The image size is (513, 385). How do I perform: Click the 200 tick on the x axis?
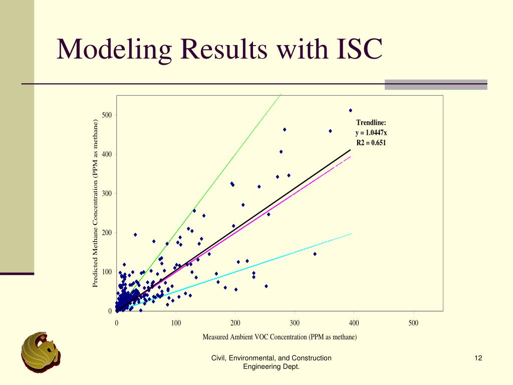pos(235,323)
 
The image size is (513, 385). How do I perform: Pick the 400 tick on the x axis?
pos(354,323)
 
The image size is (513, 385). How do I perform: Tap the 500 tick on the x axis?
pos(413,323)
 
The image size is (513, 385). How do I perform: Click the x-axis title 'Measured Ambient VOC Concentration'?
pos(280,337)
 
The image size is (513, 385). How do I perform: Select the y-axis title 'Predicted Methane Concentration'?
pos(95,204)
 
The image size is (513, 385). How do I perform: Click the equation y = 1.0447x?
pos(371,133)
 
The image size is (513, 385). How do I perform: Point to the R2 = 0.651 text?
pos(371,143)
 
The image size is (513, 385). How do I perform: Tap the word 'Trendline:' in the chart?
pos(371,123)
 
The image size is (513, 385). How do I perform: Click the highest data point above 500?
pos(351,110)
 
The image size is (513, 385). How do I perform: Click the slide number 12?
pos(478,358)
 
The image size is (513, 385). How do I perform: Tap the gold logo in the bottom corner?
pos(40,351)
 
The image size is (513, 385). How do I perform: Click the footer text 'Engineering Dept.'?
pos(271,367)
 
